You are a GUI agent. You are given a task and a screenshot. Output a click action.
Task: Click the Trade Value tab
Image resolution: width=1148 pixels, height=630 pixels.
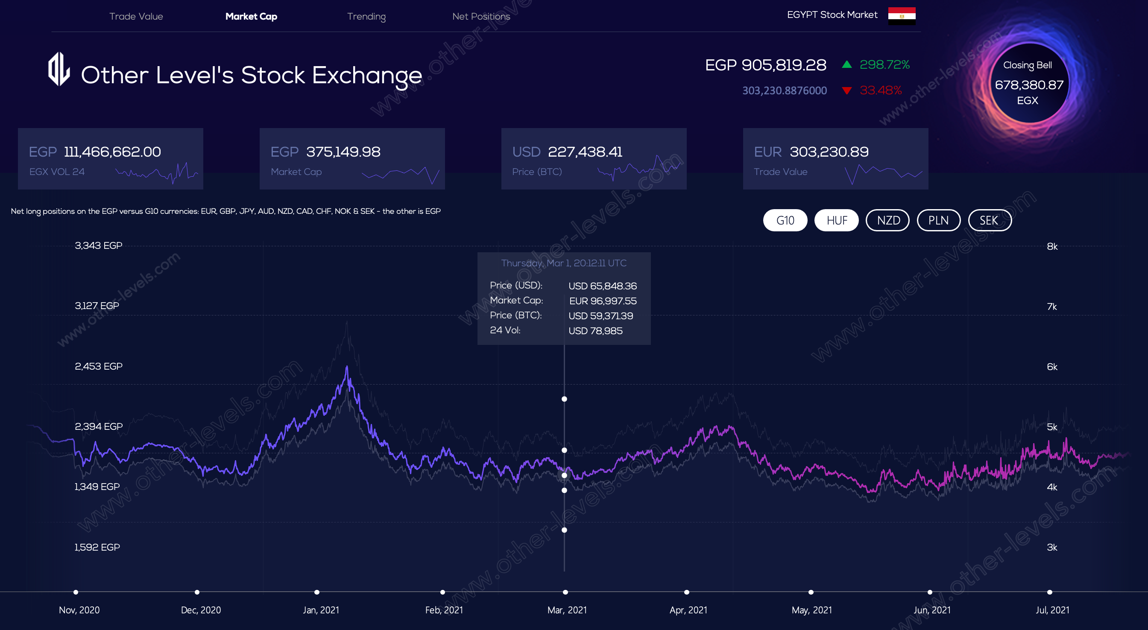click(x=136, y=17)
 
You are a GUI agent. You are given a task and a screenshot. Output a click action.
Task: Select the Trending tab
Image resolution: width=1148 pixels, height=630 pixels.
click(x=366, y=17)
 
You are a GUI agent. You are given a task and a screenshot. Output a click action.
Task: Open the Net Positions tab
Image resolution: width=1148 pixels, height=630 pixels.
click(x=481, y=17)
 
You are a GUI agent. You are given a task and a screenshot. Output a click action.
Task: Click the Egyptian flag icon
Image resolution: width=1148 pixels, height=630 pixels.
click(x=902, y=16)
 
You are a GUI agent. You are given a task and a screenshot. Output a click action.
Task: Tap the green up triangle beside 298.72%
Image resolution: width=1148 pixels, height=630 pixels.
click(x=847, y=64)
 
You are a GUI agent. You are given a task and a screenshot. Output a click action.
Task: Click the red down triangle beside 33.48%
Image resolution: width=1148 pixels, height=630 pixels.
click(x=847, y=91)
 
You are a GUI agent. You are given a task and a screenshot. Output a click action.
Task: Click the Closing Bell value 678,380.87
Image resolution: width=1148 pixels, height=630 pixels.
click(x=1029, y=85)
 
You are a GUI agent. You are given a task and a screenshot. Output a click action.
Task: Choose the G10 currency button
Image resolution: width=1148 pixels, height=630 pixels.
click(x=785, y=220)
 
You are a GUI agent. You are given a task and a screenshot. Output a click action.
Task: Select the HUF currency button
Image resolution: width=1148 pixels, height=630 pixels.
click(x=837, y=220)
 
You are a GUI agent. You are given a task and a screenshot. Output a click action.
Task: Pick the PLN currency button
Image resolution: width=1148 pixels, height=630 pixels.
click(x=938, y=220)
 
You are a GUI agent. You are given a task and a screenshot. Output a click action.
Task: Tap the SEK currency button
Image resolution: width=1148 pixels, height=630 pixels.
click(x=990, y=220)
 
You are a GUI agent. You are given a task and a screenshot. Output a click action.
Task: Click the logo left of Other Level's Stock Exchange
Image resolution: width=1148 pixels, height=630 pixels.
click(x=59, y=70)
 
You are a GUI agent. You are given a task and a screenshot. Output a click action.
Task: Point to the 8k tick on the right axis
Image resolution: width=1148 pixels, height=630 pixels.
click(x=1052, y=246)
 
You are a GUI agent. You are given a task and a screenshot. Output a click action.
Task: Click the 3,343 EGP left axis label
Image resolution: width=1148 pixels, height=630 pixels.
click(x=99, y=245)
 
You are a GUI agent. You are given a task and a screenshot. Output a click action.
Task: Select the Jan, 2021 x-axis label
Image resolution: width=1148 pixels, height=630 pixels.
click(x=321, y=610)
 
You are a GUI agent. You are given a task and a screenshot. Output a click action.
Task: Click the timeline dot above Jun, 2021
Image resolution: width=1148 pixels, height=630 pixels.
click(x=930, y=592)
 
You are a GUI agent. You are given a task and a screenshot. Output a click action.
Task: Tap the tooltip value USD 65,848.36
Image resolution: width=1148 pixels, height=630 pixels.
click(x=603, y=286)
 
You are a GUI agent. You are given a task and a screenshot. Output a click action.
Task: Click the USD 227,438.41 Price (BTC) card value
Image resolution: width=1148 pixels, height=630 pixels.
click(x=585, y=152)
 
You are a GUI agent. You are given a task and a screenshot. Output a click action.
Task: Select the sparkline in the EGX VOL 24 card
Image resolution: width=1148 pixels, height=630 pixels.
click(x=157, y=173)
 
